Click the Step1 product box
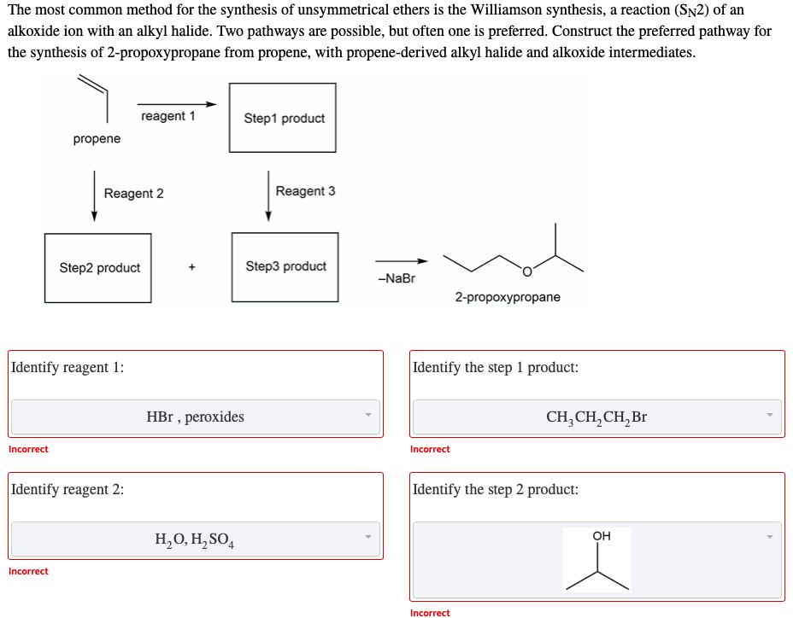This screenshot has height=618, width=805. click(x=283, y=118)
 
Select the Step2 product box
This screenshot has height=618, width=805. click(x=98, y=268)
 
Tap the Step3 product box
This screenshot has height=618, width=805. click(x=285, y=266)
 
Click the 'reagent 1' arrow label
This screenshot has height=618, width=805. click(x=167, y=116)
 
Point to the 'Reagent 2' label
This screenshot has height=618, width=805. click(x=133, y=194)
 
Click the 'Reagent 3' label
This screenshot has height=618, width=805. click(x=305, y=191)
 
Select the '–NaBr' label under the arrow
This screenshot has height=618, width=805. click(x=395, y=278)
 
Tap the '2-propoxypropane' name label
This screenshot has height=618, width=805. click(x=508, y=297)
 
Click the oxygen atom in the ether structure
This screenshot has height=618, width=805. click(x=526, y=271)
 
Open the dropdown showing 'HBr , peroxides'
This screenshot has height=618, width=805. click(x=195, y=417)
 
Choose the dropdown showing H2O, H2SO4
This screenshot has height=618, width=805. click(x=195, y=539)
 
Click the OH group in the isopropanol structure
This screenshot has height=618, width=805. click(x=601, y=536)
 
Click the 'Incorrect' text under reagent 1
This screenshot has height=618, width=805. click(x=28, y=449)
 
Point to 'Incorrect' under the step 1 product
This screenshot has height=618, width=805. click(x=430, y=449)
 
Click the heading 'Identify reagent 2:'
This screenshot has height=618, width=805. click(x=68, y=489)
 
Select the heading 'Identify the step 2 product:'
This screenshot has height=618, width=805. click(x=495, y=489)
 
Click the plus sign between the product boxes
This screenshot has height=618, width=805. click(x=191, y=267)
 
